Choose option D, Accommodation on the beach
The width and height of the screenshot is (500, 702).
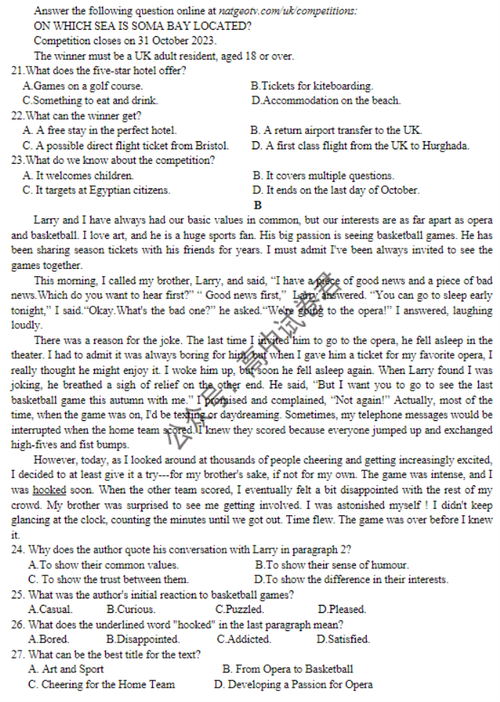[x=325, y=101]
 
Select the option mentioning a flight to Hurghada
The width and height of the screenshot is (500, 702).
[x=359, y=146]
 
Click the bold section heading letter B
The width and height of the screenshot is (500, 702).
[x=257, y=206]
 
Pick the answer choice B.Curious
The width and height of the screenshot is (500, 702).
[x=130, y=609]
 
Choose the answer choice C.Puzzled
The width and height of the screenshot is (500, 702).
[x=239, y=609]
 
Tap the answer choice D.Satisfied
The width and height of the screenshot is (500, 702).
[x=343, y=640]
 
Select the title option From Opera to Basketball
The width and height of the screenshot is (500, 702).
[x=288, y=669]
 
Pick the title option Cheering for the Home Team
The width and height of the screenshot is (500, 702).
[x=101, y=685]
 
